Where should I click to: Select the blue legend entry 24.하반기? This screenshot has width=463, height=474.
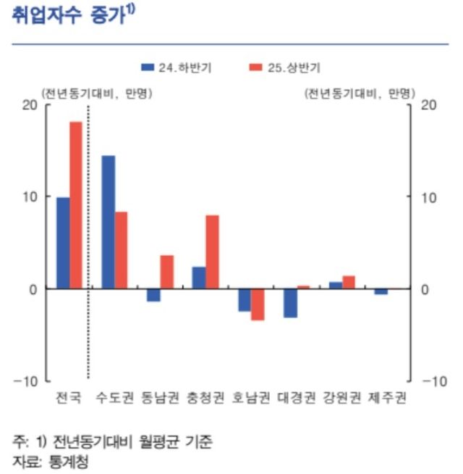pos(177,67)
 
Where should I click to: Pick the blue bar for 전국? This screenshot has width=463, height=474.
pos(63,243)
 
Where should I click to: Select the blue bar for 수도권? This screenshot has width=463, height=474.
pos(108,222)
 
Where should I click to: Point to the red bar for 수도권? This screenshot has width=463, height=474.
pos(121,250)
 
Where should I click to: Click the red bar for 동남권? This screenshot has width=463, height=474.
pos(166,272)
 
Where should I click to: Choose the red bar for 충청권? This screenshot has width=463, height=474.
pos(212,251)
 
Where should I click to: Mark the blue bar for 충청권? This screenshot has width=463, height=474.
pos(198,278)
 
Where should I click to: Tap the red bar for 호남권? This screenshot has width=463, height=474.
pos(258,304)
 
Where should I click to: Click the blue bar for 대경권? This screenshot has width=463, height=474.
pos(289,303)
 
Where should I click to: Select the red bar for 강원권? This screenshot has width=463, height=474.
pos(348,282)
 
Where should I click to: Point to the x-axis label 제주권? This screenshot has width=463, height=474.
pos(386,398)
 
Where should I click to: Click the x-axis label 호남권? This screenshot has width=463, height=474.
pos(250,398)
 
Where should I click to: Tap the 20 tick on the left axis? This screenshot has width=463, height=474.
pos(29,105)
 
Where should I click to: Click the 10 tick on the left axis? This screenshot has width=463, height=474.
pos(29,197)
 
